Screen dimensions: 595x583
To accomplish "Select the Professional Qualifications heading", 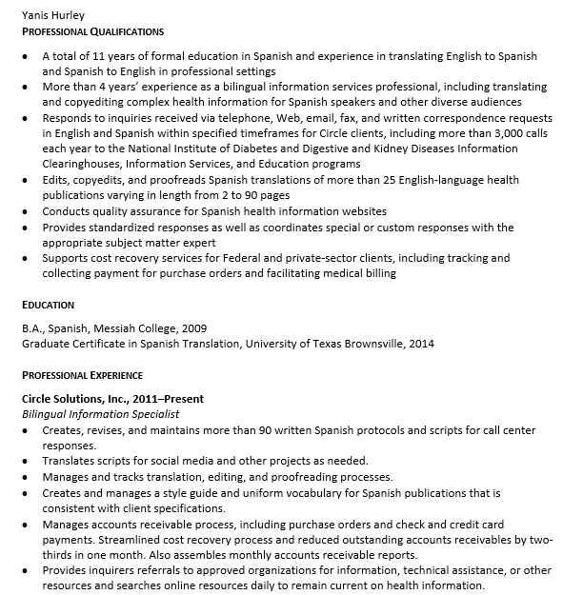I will (x=92, y=31).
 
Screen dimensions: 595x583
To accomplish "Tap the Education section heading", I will (x=48, y=305).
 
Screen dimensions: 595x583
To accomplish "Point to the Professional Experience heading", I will (x=82, y=375).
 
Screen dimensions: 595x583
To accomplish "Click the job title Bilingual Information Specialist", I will (x=100, y=414).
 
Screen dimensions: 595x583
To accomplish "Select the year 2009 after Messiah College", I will (x=193, y=327).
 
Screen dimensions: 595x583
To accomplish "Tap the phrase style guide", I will (x=178, y=493).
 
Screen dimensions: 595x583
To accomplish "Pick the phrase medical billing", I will (x=357, y=273).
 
